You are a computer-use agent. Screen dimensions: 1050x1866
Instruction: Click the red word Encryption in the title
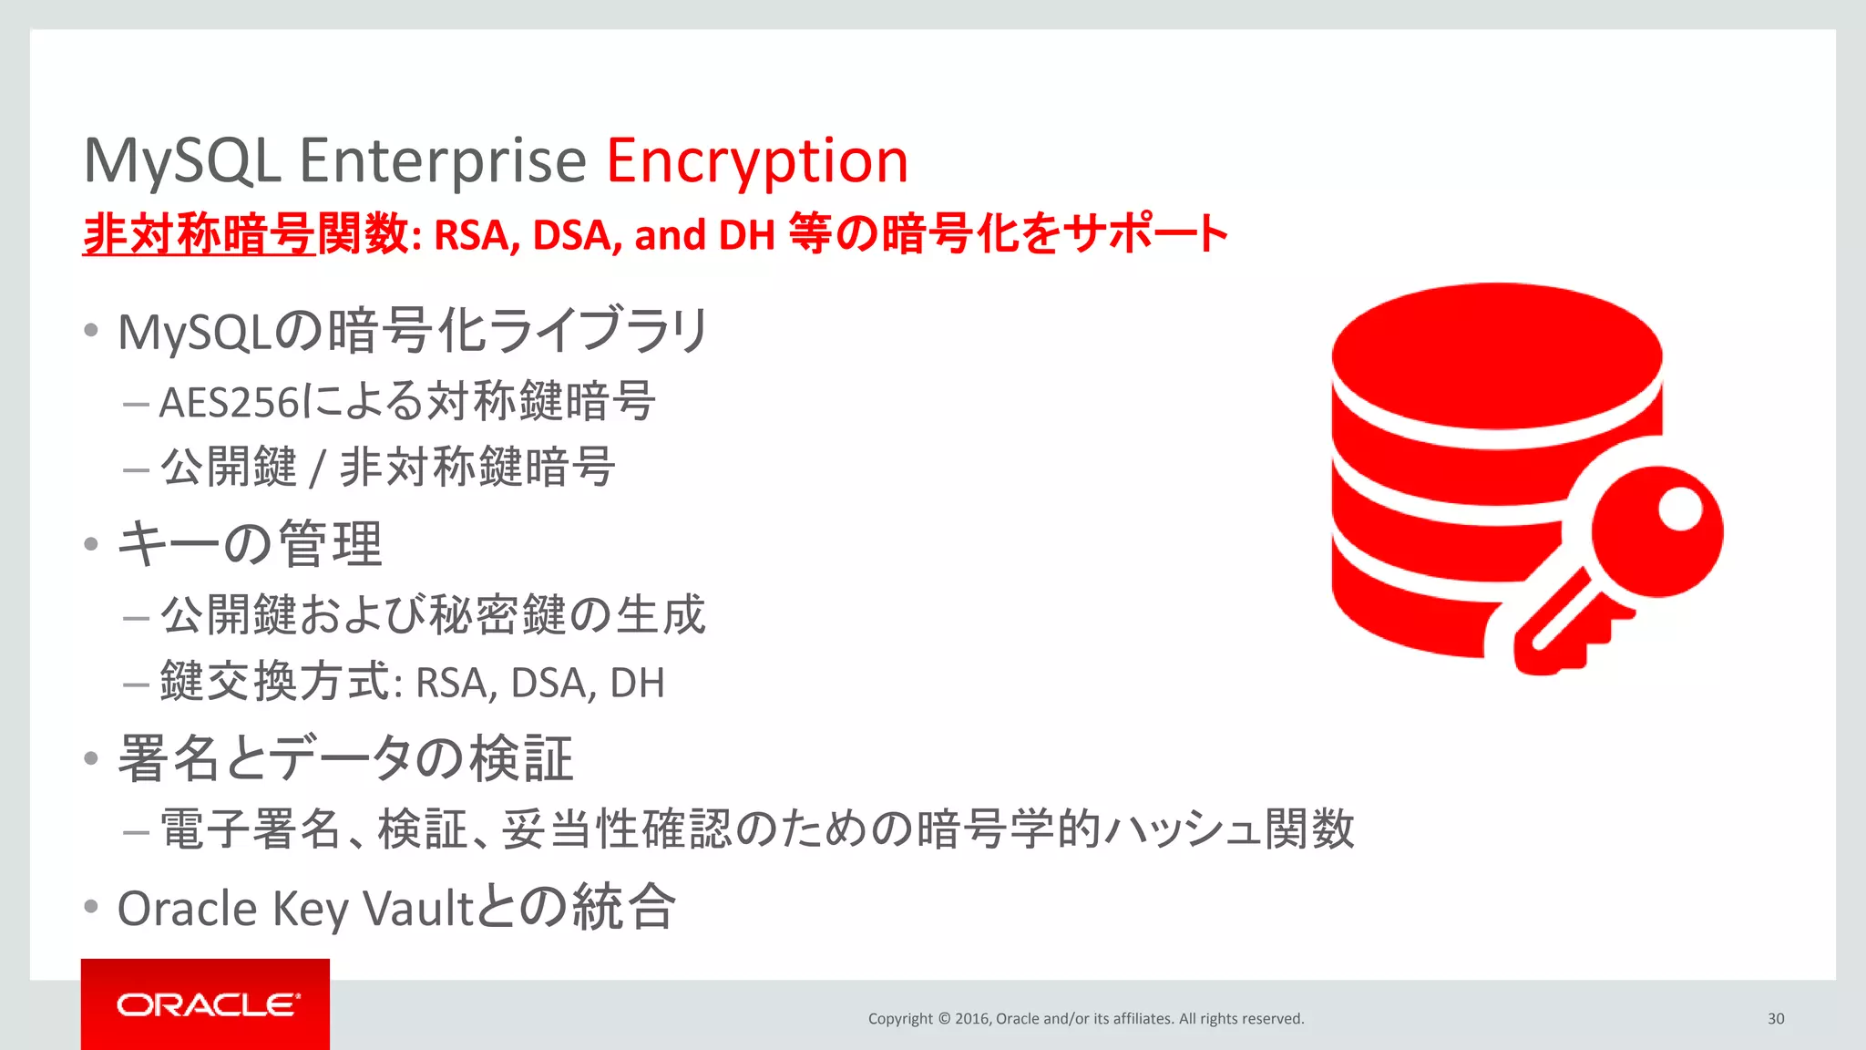tap(757, 162)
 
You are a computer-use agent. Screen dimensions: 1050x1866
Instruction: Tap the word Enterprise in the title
tap(443, 162)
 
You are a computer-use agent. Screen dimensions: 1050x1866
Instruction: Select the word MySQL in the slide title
tap(182, 162)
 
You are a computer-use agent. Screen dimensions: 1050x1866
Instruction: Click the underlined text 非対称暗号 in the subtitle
tap(199, 234)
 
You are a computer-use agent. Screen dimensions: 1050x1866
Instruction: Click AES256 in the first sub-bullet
tap(229, 403)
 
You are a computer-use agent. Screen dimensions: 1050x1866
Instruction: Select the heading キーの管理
tap(250, 544)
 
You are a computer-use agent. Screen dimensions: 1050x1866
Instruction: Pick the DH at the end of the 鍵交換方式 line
tap(637, 684)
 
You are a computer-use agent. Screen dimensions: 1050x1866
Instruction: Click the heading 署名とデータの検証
tap(345, 758)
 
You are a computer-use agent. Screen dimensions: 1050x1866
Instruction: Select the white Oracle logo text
tap(208, 1004)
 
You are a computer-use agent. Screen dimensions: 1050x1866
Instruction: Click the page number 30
tap(1776, 1019)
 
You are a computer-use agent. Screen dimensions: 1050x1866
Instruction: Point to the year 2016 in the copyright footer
tap(972, 1019)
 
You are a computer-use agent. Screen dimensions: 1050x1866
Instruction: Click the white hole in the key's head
tap(1679, 509)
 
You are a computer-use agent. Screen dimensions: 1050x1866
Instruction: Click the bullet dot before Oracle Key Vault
tap(90, 907)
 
